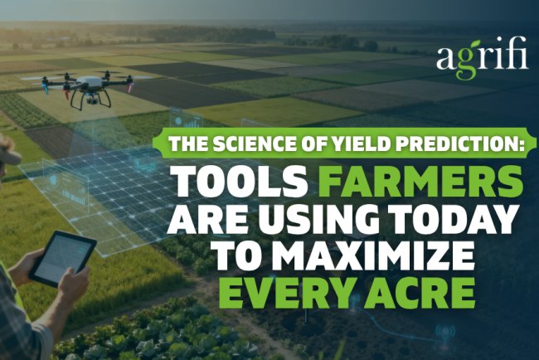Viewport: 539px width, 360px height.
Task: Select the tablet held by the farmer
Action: coord(62,257)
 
